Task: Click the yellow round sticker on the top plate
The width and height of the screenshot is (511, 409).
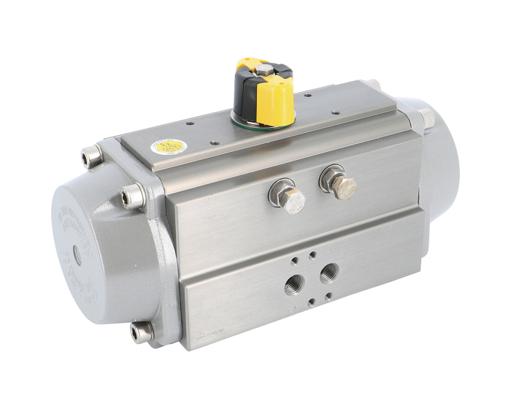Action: coord(162,148)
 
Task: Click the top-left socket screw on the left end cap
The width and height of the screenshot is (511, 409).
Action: coord(91,156)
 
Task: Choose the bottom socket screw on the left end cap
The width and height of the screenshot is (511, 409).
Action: coord(138,332)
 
